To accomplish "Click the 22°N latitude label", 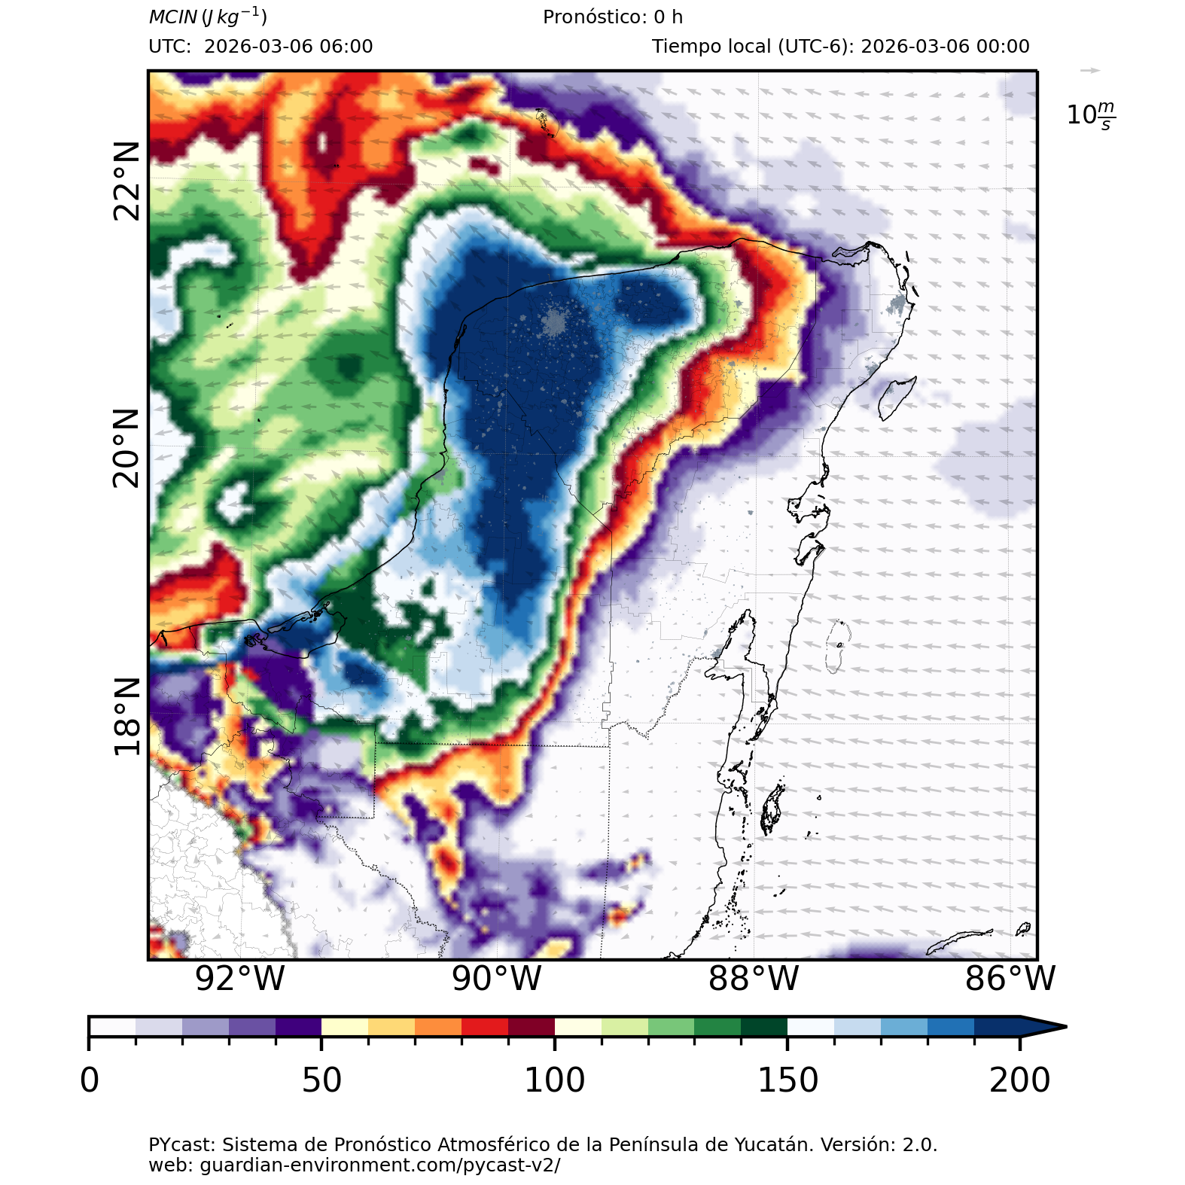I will point(126,181).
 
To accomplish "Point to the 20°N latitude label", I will point(126,448).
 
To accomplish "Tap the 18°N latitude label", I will point(126,716).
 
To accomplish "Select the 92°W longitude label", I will point(239,979).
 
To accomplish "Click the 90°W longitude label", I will point(497,979).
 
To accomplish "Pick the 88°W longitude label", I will point(754,979).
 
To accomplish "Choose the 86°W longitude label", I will point(1010,979).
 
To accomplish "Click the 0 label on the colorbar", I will point(90,1080).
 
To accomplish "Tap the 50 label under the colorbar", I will point(321,1080).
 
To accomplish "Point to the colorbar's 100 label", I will point(554,1080).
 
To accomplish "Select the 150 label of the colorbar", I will point(787,1080).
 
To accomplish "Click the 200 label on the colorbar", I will point(1019,1080).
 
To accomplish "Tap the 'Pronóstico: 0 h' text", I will point(613,17).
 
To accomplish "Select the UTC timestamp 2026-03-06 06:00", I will point(288,47).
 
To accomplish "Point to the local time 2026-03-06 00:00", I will point(945,47).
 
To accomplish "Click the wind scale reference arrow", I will point(1089,71).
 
